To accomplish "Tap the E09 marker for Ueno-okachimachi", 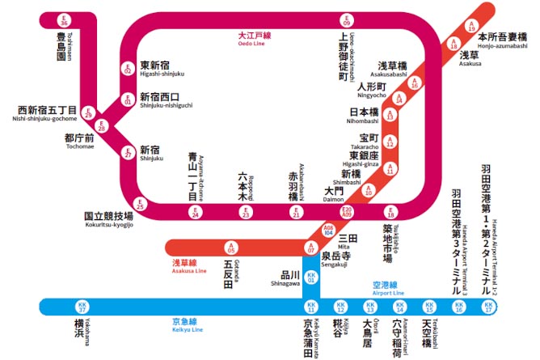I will (x=347, y=19).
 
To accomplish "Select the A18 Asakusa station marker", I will (x=453, y=47).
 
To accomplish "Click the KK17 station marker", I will (x=487, y=307).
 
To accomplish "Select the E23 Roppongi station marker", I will (x=246, y=213).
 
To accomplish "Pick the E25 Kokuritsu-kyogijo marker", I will (x=140, y=205).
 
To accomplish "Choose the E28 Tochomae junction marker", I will (x=102, y=127).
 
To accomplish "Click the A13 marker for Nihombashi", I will (x=390, y=116).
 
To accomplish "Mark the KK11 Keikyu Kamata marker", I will (x=311, y=307).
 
